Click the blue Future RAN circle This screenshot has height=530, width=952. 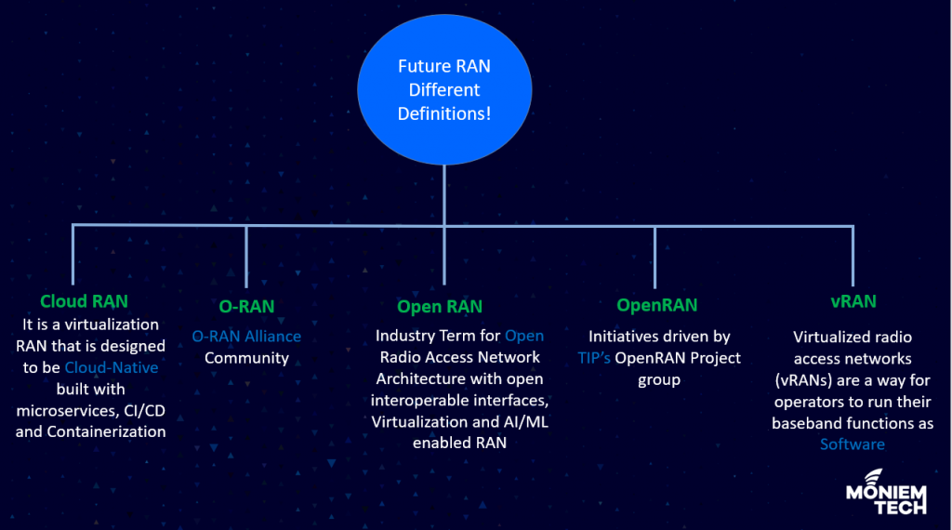443,90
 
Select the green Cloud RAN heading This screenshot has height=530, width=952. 84,301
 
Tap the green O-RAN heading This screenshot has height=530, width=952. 245,307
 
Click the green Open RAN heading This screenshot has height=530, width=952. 440,307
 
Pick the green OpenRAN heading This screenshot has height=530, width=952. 656,306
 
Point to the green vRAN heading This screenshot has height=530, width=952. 853,301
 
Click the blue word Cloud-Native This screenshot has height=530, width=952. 111,367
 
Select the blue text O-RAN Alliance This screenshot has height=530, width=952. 246,336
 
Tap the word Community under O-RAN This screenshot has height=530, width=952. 246,358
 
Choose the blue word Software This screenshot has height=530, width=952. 853,444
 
